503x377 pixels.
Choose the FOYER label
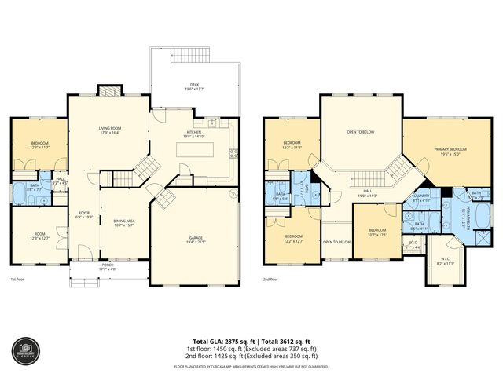(x=84, y=214)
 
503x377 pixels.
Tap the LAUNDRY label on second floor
(x=421, y=198)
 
